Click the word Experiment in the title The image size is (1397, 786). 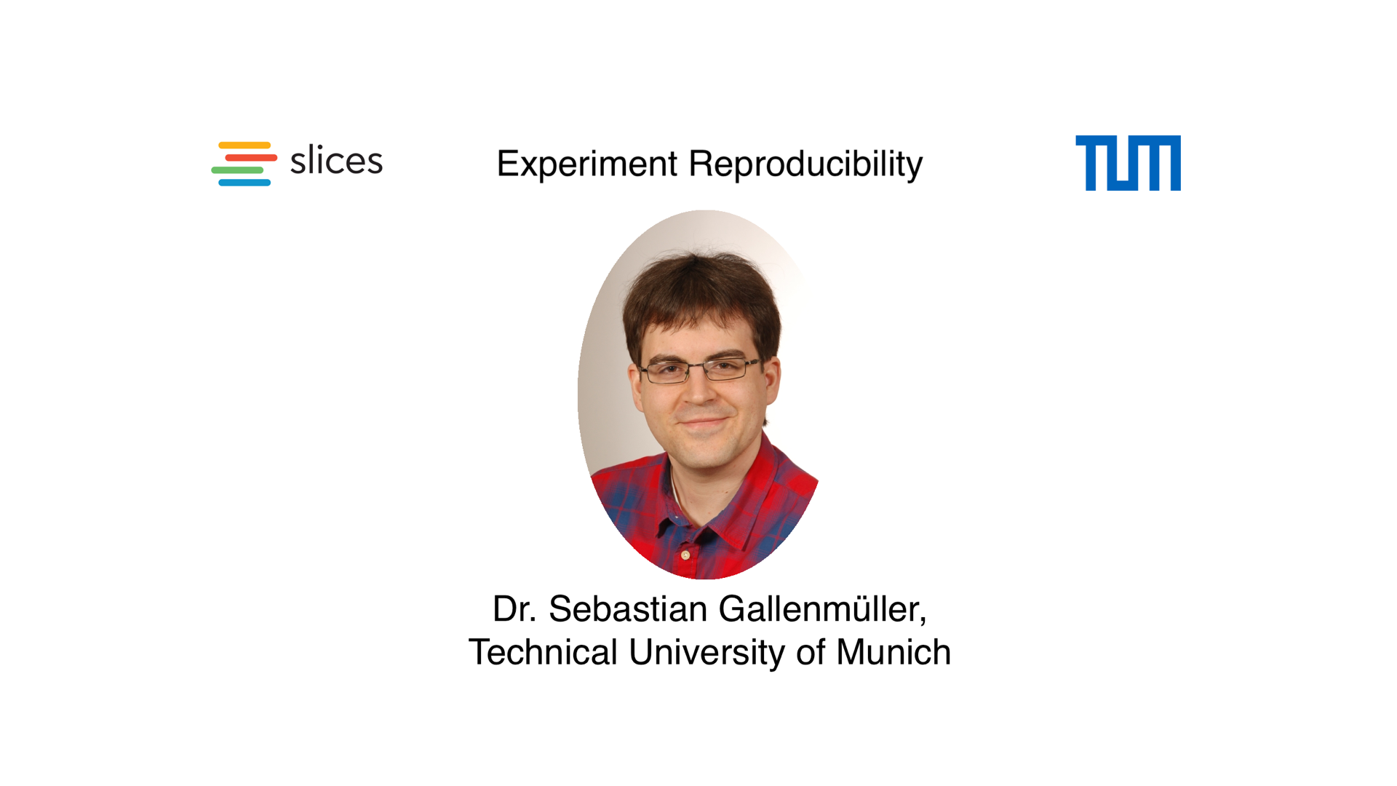coord(586,164)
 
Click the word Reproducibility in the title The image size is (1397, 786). coord(805,164)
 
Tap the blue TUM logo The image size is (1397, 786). coord(1128,163)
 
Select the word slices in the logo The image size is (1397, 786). coord(336,161)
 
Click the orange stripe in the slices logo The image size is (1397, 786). coord(244,146)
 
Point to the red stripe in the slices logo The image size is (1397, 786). coord(251,158)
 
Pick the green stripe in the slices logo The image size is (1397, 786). coord(237,170)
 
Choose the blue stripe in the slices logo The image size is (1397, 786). coord(244,183)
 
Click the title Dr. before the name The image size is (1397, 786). coord(514,609)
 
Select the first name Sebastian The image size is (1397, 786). coord(627,609)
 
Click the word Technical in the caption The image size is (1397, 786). coord(543,652)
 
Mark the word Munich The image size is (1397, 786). coord(893,652)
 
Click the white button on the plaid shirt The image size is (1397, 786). coord(685,556)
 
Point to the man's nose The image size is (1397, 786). coord(699,393)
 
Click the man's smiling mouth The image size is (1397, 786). coord(703,421)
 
